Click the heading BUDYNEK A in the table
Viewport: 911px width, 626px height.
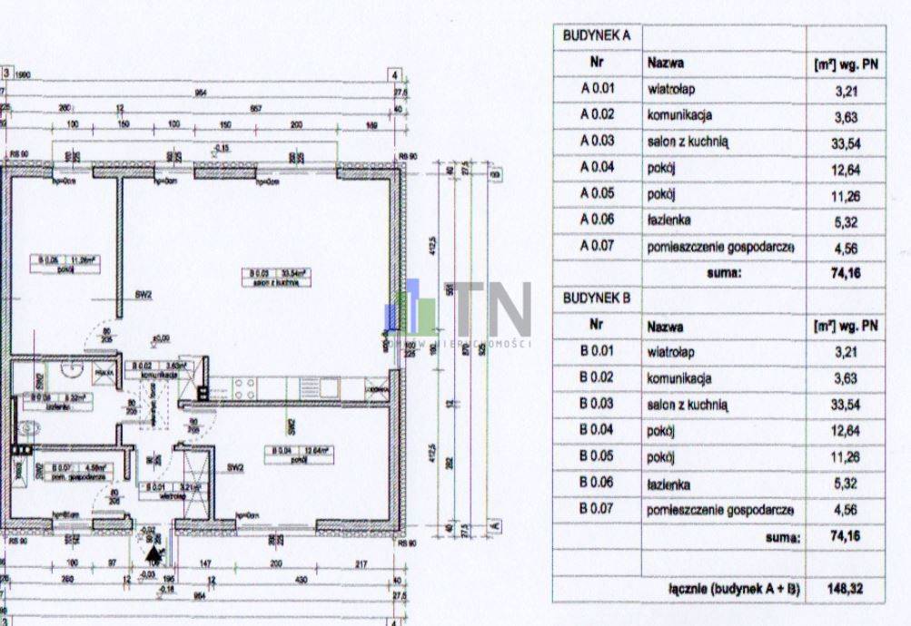pos(597,36)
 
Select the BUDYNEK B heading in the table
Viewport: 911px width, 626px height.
pos(597,298)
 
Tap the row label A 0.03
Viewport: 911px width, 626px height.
pos(597,142)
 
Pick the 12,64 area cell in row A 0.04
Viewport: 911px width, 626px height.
pos(845,169)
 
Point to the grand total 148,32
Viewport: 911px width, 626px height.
pos(846,590)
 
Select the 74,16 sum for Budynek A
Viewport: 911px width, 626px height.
pos(845,272)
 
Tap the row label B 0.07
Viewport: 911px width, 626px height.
pos(597,510)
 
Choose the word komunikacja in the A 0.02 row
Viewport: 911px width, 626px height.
pos(678,116)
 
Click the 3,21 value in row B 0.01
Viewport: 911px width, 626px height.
pos(845,353)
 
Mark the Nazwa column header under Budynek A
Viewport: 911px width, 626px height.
pos(665,64)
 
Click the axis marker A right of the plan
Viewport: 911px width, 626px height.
pos(495,524)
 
